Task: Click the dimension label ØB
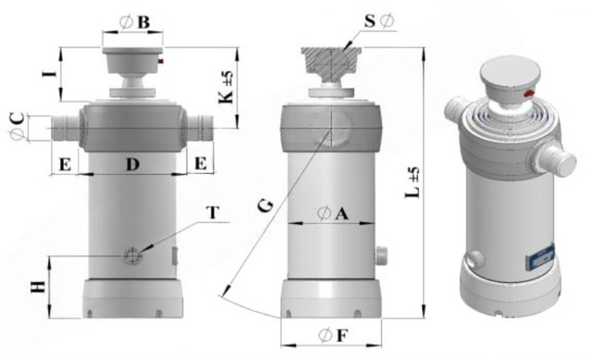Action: point(135,22)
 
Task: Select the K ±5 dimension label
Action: point(227,87)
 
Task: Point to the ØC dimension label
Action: point(18,126)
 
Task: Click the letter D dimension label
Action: point(132,165)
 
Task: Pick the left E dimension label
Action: point(66,165)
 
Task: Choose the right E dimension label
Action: point(201,164)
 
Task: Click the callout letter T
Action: point(213,213)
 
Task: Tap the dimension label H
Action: point(38,288)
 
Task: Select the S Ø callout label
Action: point(379,21)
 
